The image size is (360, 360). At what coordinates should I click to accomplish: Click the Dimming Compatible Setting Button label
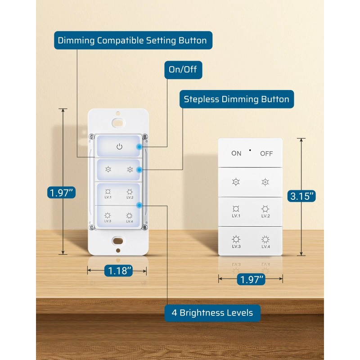point(133,40)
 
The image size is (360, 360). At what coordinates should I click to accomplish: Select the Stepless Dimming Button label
point(237,99)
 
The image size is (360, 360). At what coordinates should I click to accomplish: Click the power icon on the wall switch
point(119,146)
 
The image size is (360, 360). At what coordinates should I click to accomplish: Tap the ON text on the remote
point(236,153)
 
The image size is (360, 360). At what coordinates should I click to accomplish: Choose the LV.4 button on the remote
point(265,241)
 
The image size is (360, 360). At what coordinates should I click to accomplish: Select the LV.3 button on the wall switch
point(108,217)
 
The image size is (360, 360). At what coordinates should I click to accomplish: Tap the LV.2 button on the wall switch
point(130,194)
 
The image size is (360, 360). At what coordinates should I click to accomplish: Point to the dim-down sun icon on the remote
point(236,182)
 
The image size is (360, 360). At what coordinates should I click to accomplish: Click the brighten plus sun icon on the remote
point(265,182)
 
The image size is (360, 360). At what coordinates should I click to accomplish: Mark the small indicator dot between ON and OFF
point(250,149)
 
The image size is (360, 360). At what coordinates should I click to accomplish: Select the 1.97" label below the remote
point(251,279)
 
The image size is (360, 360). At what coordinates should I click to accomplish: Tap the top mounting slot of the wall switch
point(118,121)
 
